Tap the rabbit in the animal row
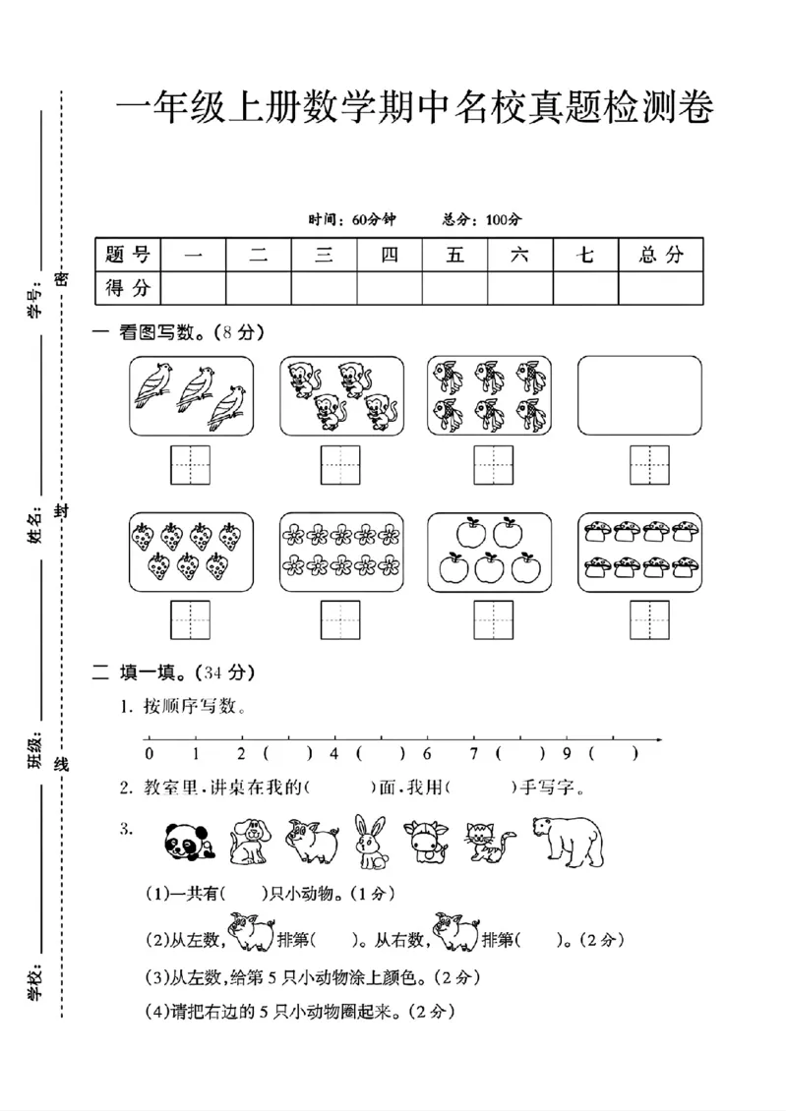pos(372,843)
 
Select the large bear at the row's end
pos(569,842)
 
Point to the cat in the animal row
pos(489,843)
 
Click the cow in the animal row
pos(427,843)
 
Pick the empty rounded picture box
pos(639,395)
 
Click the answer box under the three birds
pos(191,464)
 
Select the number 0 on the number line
pos(149,754)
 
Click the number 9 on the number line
pos(567,754)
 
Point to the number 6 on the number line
pos(427,754)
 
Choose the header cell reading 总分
pos(660,255)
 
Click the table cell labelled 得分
pos(128,288)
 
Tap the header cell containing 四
pos(390,255)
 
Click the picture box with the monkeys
pos(341,395)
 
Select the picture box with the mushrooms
pos(639,552)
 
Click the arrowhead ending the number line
pos(658,739)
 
